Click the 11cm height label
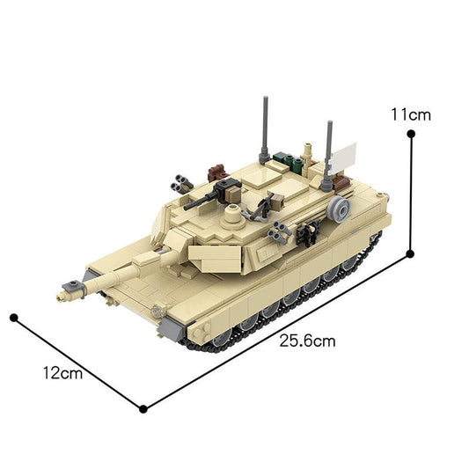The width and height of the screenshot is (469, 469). tap(411, 114)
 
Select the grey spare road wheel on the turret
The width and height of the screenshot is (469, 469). tap(340, 209)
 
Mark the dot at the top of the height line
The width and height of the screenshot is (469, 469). tap(410, 134)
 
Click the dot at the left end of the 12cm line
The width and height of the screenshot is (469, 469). tap(14, 315)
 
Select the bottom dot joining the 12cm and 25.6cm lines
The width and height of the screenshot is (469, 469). tap(143, 407)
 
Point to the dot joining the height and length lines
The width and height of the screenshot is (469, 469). tap(410, 253)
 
